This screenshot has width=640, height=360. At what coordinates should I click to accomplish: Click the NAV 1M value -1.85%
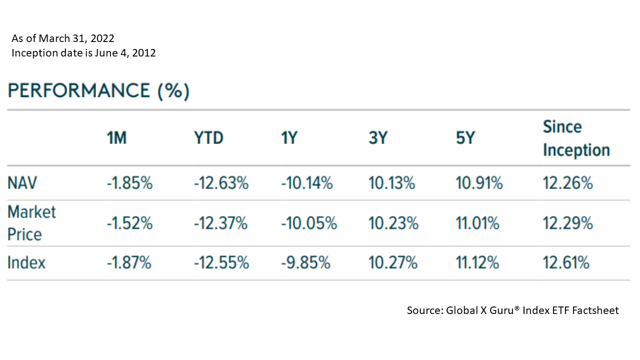click(x=129, y=183)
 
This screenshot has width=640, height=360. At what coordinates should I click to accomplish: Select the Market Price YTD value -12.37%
click(x=221, y=223)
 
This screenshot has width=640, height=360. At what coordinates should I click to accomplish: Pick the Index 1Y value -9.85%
click(x=306, y=262)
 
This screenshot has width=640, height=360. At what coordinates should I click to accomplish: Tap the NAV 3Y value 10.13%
click(x=392, y=183)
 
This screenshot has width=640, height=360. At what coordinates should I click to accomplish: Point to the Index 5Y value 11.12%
click(x=477, y=262)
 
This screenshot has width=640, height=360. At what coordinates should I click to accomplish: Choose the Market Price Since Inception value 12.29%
click(x=568, y=223)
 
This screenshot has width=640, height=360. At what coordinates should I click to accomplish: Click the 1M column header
click(x=116, y=138)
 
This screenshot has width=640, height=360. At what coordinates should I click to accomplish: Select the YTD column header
click(x=208, y=138)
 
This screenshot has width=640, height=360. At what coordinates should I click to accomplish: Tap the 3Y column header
click(x=378, y=138)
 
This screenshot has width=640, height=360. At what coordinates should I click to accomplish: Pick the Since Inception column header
click(x=576, y=138)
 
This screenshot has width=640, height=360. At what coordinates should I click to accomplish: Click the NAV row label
click(x=23, y=183)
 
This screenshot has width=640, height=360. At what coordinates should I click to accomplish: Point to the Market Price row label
click(x=31, y=223)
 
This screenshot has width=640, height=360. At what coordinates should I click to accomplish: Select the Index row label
click(x=26, y=262)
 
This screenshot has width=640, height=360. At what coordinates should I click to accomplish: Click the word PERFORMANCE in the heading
click(x=79, y=91)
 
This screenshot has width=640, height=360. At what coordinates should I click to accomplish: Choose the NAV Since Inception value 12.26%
click(x=568, y=183)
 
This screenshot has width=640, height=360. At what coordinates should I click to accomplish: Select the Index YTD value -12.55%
click(x=221, y=262)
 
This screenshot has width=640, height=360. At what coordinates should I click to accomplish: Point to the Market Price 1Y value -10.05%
click(x=309, y=223)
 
